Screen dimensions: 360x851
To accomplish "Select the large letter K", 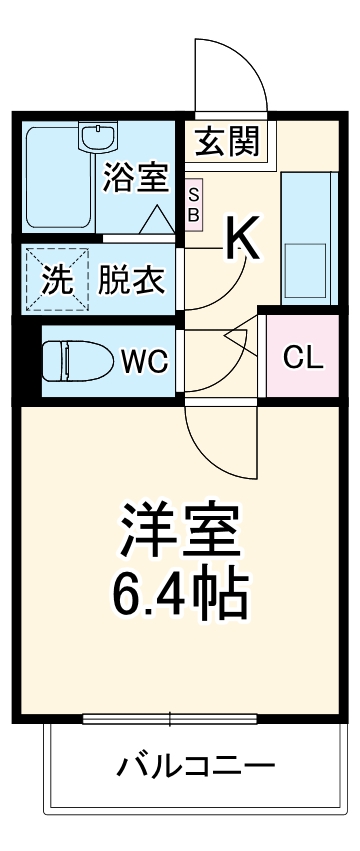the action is pos(243,238).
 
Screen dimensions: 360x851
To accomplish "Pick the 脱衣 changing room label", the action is pos(131,280).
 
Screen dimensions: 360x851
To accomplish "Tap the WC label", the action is pos(144,359).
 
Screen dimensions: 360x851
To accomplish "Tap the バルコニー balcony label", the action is pos(195,768).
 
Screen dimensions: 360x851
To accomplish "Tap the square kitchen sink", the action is pos(306,265).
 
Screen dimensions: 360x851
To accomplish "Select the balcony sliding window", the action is pos(171,718).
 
